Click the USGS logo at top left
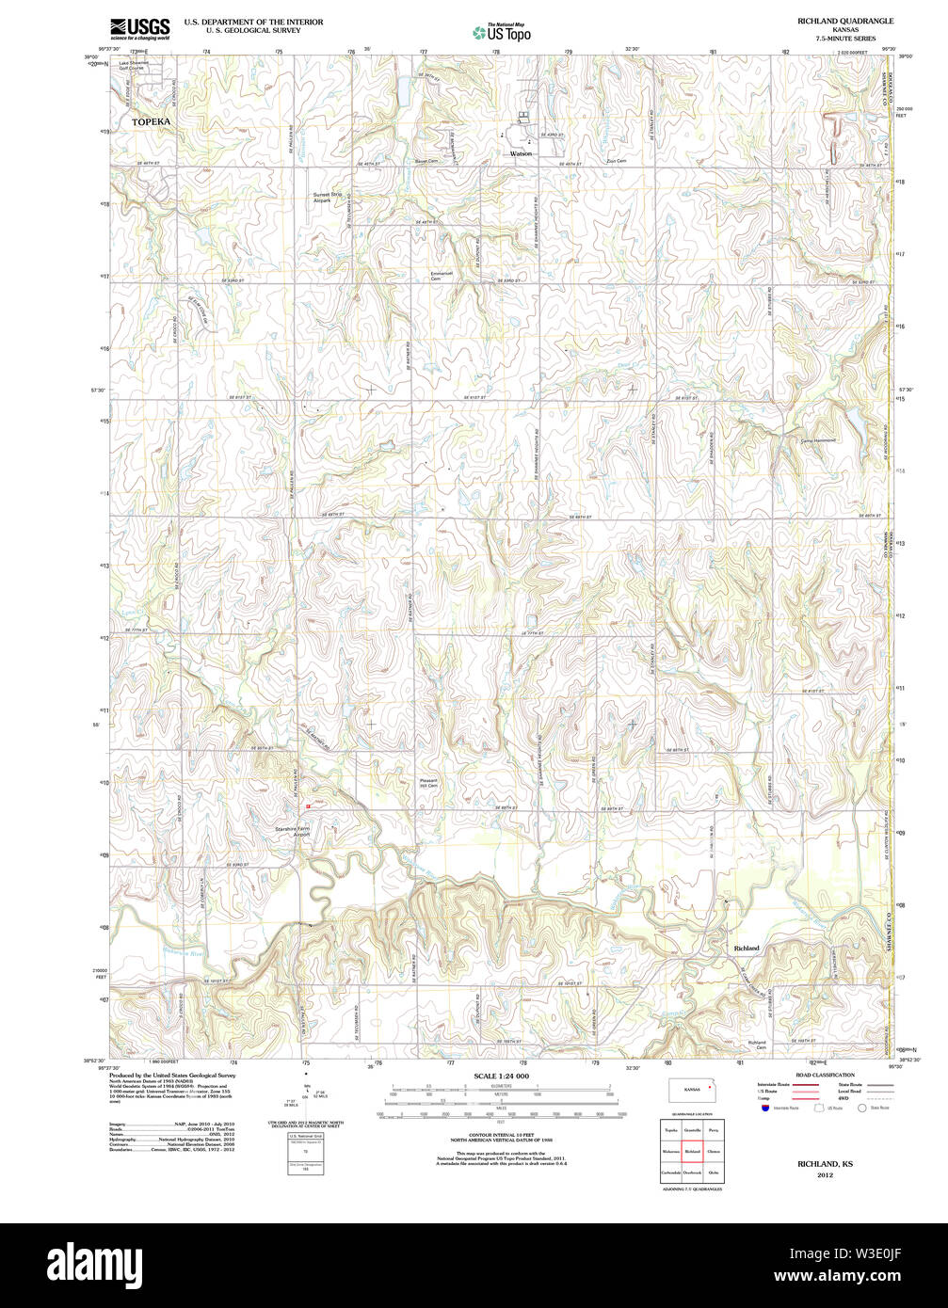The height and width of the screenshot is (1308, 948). [x=139, y=28]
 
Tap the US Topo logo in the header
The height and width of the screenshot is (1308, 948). [x=502, y=32]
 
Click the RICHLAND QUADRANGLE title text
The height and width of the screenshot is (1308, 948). [x=832, y=21]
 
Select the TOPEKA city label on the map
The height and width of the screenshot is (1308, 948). [x=153, y=122]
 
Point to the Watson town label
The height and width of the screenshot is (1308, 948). [x=521, y=153]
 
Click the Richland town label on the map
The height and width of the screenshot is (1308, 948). [x=746, y=948]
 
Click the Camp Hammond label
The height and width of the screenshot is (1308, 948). [x=817, y=439]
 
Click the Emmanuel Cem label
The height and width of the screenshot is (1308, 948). [x=436, y=276]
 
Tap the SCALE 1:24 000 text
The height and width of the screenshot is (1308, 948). [x=501, y=1076]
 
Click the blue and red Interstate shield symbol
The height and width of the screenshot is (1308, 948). [x=765, y=1108]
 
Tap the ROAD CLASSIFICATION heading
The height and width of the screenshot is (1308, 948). [x=825, y=1075]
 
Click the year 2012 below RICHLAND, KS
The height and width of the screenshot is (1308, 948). [x=825, y=1175]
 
